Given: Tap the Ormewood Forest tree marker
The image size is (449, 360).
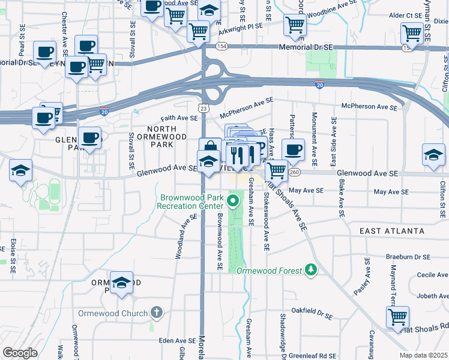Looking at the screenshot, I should click(311, 270).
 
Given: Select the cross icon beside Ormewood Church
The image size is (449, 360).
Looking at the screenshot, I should click(157, 313).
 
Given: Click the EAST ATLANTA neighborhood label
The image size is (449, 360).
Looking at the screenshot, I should click(392, 231).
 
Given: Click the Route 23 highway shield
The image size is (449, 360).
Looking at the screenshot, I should click(203, 108).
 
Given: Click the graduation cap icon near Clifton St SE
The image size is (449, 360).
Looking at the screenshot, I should click(433, 155).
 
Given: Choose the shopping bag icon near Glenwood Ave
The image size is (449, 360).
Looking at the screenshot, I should click(210, 147).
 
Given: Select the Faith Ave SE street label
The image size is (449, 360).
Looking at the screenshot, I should click(178, 119).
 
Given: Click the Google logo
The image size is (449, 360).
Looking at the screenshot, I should click(20, 353).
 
